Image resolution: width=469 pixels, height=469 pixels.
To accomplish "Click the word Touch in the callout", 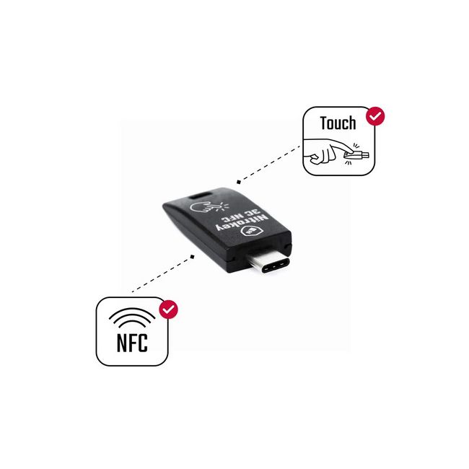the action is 338,123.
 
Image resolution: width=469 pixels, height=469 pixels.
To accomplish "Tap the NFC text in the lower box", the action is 132,343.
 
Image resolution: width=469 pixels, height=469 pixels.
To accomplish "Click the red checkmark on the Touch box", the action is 375,116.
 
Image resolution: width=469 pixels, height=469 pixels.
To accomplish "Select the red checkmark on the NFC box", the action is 168,310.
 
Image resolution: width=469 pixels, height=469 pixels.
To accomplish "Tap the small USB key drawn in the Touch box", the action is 356,154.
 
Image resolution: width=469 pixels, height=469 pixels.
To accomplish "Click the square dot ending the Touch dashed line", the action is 238,182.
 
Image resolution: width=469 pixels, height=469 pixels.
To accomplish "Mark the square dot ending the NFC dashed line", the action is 193,257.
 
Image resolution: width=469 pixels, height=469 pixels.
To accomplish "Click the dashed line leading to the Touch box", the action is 269,164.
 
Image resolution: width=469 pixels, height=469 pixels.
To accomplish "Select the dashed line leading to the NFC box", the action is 162,274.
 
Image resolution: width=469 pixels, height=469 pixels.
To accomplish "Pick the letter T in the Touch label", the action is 323,123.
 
